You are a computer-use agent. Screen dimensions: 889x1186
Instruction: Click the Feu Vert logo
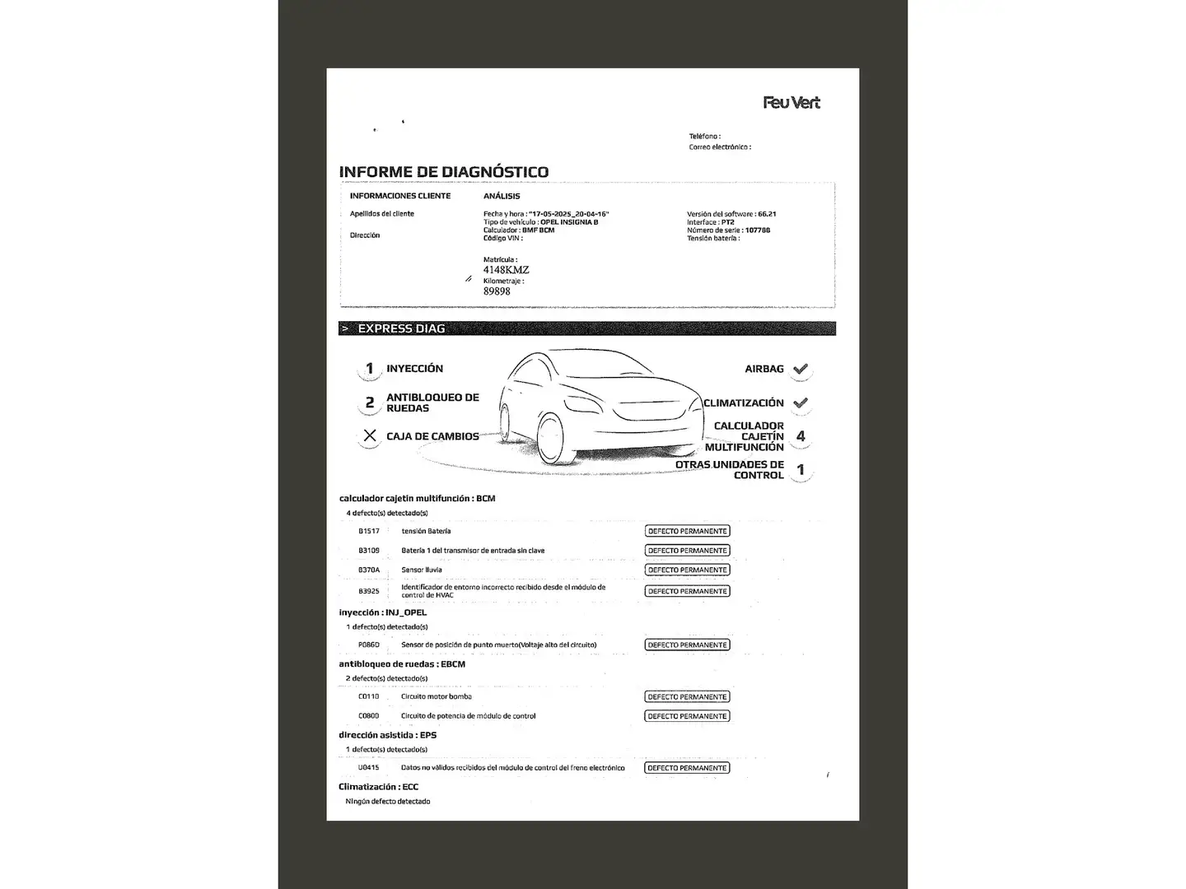coord(791,103)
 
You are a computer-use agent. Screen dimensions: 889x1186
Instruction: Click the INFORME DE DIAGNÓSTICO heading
coord(443,172)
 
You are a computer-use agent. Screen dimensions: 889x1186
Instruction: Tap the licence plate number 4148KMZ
coord(506,270)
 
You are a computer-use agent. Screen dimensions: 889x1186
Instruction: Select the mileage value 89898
coord(497,291)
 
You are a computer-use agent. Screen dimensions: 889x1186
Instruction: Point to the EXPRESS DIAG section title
coord(401,328)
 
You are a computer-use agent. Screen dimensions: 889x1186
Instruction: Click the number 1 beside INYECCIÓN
coord(370,369)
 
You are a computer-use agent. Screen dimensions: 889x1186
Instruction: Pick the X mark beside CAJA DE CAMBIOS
coord(370,436)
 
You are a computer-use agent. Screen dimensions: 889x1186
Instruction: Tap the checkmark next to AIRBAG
coord(801,370)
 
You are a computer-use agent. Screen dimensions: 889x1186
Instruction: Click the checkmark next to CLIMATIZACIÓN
coord(801,403)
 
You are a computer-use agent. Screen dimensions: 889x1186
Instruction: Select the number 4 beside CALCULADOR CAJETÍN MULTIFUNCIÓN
coord(801,436)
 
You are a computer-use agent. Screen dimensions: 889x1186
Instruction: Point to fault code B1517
coord(369,532)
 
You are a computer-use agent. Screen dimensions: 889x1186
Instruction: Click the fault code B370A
coord(369,570)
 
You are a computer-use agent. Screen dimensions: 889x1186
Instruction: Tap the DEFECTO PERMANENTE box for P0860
coord(687,645)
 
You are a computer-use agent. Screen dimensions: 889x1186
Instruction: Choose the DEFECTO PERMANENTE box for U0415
coord(687,768)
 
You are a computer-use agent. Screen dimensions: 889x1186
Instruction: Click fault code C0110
coord(368,697)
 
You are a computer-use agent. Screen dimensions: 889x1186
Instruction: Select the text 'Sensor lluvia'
coord(422,570)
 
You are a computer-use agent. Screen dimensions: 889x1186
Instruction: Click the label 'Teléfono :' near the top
coord(705,137)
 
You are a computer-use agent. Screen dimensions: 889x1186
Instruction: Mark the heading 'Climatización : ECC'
coord(379,787)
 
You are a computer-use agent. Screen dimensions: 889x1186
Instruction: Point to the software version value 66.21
coord(767,214)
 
